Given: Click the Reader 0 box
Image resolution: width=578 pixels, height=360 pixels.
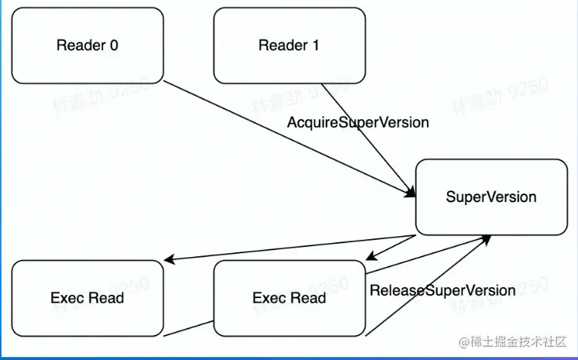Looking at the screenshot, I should pyautogui.click(x=87, y=45).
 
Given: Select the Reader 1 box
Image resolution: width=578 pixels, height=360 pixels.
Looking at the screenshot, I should pyautogui.click(x=289, y=45).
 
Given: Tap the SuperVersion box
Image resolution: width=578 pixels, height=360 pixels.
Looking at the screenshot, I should pyautogui.click(x=491, y=197).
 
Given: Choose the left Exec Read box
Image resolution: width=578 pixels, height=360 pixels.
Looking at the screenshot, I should pyautogui.click(x=87, y=298).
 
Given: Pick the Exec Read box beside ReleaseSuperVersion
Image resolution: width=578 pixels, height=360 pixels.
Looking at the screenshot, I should pyautogui.click(x=289, y=298).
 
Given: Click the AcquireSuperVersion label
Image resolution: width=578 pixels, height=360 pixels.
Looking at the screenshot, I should pyautogui.click(x=357, y=122).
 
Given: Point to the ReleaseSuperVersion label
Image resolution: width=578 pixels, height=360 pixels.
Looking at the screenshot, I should pyautogui.click(x=442, y=290).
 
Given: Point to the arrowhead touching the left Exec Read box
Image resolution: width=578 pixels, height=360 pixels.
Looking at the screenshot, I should pyautogui.click(x=170, y=261).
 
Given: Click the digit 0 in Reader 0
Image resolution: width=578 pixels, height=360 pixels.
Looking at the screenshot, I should pyautogui.click(x=114, y=45).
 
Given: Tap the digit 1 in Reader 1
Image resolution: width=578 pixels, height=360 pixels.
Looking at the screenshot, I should pyautogui.click(x=315, y=45).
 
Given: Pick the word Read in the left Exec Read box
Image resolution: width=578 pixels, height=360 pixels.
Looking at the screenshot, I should pyautogui.click(x=106, y=298).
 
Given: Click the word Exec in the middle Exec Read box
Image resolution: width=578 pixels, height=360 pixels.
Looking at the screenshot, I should pyautogui.click(x=269, y=298).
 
